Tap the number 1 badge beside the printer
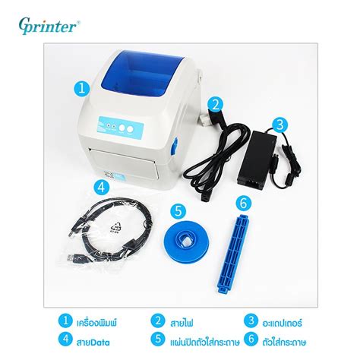(81, 88)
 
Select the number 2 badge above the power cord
(216, 105)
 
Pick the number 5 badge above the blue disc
(178, 211)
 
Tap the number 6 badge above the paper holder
(243, 204)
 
